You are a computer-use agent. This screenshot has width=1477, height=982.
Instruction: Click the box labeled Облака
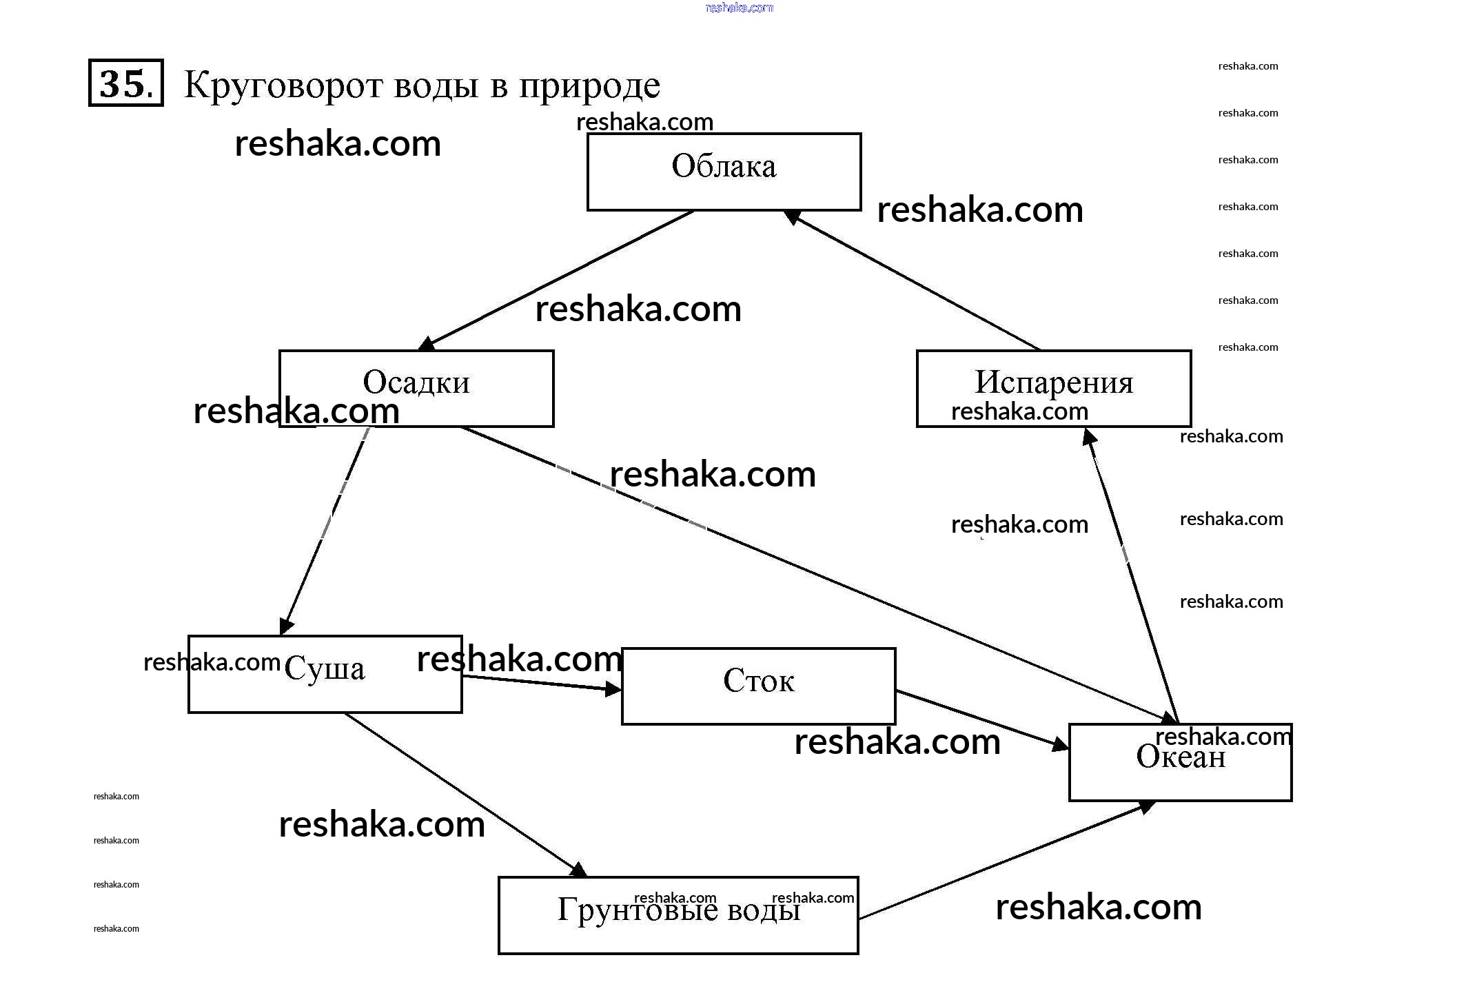pos(724,172)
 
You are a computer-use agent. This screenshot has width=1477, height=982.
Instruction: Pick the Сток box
pos(758,686)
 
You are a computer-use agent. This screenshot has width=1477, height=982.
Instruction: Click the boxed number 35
pos(126,83)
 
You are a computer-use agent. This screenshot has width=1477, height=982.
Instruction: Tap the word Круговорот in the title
pos(283,85)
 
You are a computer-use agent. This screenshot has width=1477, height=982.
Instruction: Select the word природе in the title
pos(589,87)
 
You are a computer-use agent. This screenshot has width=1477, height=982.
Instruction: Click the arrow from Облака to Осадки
pos(558,279)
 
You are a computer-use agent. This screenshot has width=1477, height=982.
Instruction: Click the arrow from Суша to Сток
pos(541,683)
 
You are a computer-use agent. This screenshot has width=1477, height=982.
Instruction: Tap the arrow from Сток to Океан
pos(982,719)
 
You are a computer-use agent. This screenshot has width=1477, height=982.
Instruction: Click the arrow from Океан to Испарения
pos(1132,575)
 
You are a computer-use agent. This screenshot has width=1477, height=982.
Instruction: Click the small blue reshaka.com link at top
pos(740,8)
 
